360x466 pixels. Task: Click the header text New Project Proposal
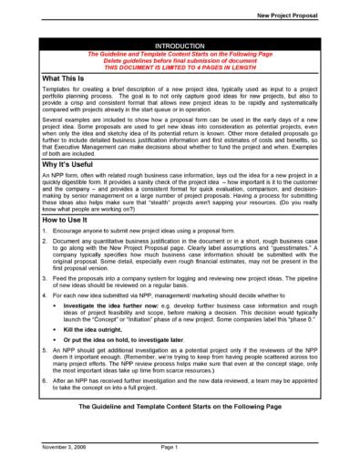click(303, 16)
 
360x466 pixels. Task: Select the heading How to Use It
click(46, 221)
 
